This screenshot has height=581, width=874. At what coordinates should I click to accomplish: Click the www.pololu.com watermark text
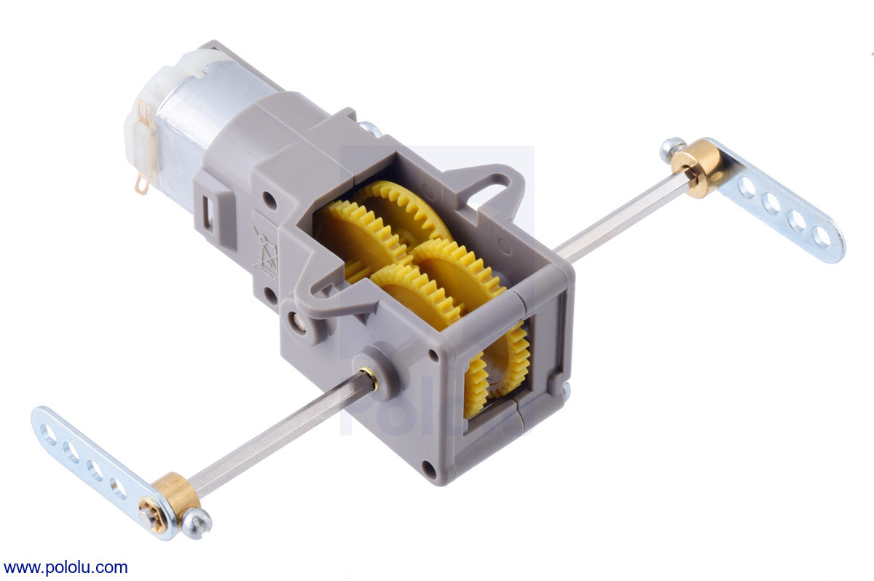[x=65, y=567]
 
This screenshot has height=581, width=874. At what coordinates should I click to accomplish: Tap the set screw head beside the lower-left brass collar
[x=196, y=523]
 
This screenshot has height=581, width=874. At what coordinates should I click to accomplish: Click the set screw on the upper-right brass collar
[x=672, y=149]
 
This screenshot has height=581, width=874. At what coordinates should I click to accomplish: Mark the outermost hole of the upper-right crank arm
[x=822, y=236]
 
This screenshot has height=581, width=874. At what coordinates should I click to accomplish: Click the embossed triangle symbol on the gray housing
[x=265, y=251]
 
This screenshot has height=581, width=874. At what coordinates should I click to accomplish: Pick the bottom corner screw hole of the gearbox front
[x=430, y=470]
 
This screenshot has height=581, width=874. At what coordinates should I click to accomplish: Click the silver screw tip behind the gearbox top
[x=371, y=129]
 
